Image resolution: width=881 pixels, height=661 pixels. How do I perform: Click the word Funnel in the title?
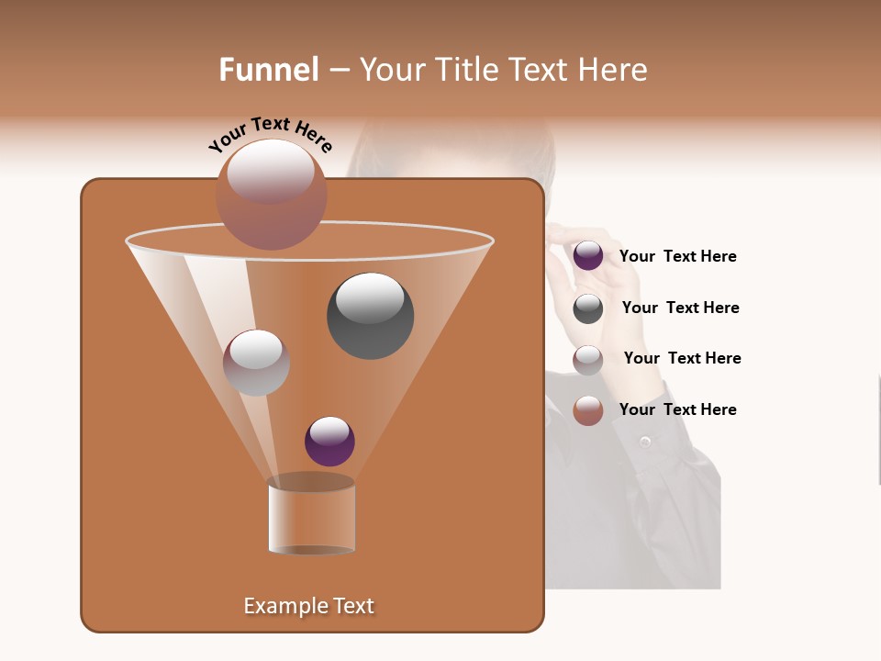[x=269, y=70]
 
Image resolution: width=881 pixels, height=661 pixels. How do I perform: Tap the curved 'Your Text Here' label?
[x=270, y=134]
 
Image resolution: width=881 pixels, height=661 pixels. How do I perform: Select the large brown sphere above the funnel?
[x=272, y=194]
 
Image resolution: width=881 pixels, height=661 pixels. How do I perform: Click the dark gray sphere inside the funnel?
[x=371, y=316]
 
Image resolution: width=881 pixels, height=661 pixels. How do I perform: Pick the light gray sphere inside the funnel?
[x=257, y=363]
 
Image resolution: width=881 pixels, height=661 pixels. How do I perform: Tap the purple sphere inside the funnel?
[x=329, y=441]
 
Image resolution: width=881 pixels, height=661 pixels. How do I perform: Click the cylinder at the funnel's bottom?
[x=312, y=519]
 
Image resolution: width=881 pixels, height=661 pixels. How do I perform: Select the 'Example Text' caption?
[x=309, y=606]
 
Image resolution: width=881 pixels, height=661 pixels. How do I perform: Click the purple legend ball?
[x=588, y=256]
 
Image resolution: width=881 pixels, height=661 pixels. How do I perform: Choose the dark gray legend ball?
[x=588, y=308]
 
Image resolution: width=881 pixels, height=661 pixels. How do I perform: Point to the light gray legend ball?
[x=588, y=360]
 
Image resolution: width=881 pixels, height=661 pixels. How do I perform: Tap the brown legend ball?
[x=588, y=410]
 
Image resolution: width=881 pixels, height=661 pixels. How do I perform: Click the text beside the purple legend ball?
[x=677, y=256]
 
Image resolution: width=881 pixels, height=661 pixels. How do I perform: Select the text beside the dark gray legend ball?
[x=680, y=308]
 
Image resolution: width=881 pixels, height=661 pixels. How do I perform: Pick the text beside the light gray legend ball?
[x=682, y=358]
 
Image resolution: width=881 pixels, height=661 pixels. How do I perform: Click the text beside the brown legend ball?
[x=677, y=409]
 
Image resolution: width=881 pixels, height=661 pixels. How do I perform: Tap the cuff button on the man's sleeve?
[x=645, y=443]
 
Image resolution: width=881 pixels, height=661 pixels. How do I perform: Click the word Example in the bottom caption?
[x=279, y=606]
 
